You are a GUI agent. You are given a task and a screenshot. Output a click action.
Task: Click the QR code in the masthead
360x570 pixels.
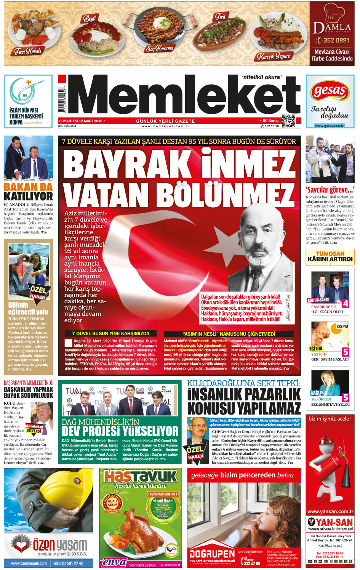[289, 121]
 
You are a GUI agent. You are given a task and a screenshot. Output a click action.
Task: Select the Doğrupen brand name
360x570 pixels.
[212, 554]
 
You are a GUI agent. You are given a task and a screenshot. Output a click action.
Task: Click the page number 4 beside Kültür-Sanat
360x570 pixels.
[345, 303]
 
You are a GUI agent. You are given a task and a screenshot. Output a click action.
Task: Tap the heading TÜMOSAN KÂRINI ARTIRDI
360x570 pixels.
[330, 256]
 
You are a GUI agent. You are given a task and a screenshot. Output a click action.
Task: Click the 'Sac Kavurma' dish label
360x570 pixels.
[160, 48]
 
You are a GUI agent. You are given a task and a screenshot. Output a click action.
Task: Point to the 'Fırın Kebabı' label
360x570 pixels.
[27, 50]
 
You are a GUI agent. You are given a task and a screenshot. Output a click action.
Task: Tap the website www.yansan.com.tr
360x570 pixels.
[330, 511]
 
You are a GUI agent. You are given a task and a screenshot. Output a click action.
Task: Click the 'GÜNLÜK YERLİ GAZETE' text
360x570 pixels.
[165, 121]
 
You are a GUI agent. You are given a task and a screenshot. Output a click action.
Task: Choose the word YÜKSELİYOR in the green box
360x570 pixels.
[149, 431]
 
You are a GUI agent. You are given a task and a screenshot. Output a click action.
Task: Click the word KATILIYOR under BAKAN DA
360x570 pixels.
[28, 197]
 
